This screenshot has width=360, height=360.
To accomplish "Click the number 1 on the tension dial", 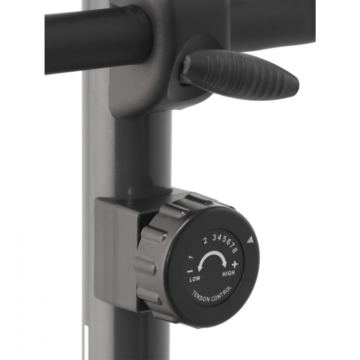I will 191,257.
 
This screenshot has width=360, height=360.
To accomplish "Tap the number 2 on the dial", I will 205,240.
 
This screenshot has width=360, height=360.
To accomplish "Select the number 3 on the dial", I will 214,237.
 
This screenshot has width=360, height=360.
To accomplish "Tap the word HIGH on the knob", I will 228,274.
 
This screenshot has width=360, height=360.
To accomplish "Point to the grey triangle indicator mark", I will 250,239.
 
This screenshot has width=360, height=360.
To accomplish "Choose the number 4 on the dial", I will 219,238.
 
